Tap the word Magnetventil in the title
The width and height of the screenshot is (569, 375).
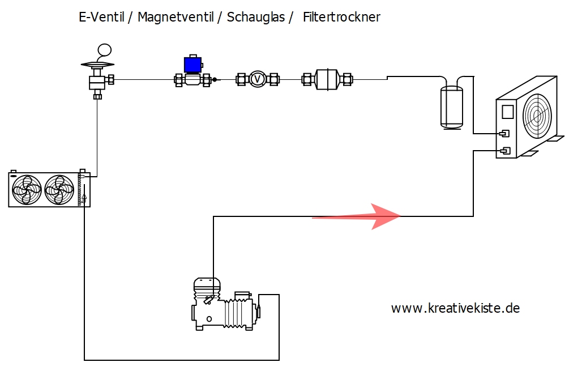pos(174,18)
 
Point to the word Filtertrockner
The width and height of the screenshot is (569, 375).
pos(341,18)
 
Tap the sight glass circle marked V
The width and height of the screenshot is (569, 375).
pos(258,79)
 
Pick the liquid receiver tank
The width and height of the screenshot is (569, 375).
pos(451,106)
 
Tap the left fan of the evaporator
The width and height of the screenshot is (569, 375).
pos(27,189)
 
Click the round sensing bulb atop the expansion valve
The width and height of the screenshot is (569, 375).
pos(104,50)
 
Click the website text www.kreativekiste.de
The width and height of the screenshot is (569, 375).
pos(455,309)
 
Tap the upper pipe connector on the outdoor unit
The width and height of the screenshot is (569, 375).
pos(503,134)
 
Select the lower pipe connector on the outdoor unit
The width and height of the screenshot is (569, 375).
pos(504,151)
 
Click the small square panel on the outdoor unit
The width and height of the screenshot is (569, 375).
pos(507,111)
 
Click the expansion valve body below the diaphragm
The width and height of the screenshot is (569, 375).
pos(97,83)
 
